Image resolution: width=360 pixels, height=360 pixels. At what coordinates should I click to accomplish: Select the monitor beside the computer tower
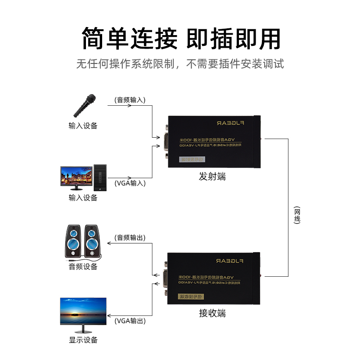pyautogui.click(x=76, y=177)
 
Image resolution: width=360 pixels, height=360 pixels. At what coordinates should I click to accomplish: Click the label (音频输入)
pyautogui.click(x=130, y=99)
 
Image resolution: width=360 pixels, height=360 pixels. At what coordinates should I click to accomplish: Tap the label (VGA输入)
pyautogui.click(x=130, y=183)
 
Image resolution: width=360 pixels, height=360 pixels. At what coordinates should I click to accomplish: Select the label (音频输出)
pyautogui.click(x=130, y=237)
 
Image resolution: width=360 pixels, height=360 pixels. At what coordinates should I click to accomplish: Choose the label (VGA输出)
pyautogui.click(x=130, y=321)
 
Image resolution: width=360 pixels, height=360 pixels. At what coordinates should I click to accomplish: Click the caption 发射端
pyautogui.click(x=212, y=177)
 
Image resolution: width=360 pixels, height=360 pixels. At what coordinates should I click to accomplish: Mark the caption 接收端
pyautogui.click(x=212, y=313)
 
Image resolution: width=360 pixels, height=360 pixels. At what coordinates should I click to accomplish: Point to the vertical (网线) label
pyautogui.click(x=297, y=215)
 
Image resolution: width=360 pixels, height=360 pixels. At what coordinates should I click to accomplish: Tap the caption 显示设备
pyautogui.click(x=83, y=340)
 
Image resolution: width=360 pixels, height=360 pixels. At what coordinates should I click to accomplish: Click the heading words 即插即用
pyautogui.click(x=233, y=38)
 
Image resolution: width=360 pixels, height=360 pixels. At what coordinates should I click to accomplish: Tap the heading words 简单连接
pyautogui.click(x=130, y=38)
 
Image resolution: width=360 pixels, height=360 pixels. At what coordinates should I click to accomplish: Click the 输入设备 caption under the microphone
pyautogui.click(x=83, y=126)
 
